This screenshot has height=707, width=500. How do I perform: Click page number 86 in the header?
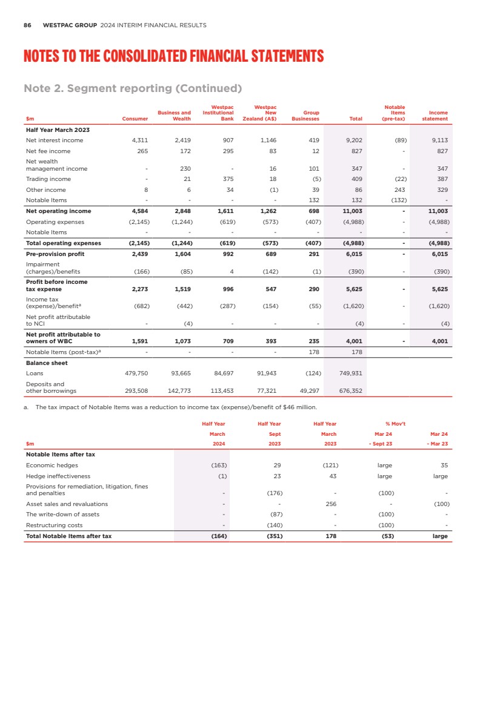tap(27, 25)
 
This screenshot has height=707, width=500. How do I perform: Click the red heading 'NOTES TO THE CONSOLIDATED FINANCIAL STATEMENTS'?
tap(173, 57)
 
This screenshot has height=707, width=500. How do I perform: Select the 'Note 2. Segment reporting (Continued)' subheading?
tap(133, 88)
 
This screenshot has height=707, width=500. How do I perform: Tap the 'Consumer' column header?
tap(135, 119)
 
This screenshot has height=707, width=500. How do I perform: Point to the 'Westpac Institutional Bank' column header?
tap(218, 113)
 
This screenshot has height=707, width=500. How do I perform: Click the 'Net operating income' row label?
tap(59, 211)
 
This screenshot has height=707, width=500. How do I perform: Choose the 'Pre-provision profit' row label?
tap(55, 254)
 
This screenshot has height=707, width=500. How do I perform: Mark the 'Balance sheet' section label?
tap(47, 363)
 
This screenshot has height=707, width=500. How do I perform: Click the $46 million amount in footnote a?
tap(299, 407)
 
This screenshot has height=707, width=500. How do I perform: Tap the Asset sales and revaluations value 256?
tap(331, 504)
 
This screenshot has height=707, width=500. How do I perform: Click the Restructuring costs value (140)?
tap(275, 525)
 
